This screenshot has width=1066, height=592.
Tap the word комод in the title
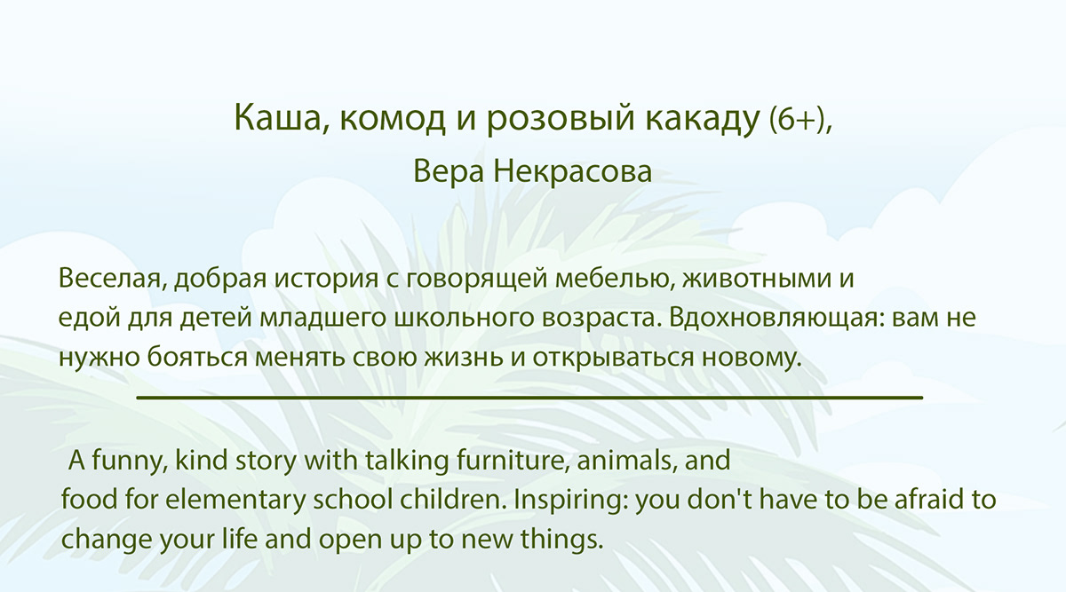(393, 119)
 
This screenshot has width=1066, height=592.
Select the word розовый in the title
(561, 120)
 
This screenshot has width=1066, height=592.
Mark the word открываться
(613, 358)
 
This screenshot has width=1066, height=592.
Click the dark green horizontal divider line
(529, 397)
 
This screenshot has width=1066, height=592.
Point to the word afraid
(927, 500)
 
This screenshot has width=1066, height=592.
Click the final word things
(561, 540)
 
